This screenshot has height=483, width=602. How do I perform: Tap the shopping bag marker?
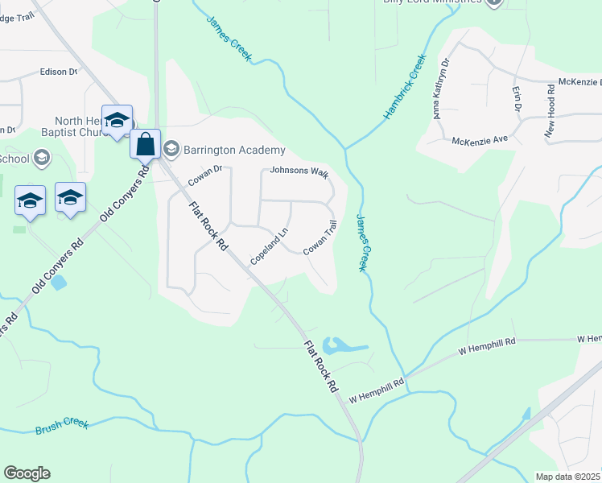pyautogui.click(x=146, y=145)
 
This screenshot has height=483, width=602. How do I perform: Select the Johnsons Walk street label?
pyautogui.click(x=299, y=171)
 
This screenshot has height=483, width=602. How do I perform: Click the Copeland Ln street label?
pyautogui.click(x=269, y=247)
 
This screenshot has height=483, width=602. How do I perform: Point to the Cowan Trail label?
pyautogui.click(x=320, y=239)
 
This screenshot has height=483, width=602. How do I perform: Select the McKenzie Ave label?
pyautogui.click(x=480, y=139)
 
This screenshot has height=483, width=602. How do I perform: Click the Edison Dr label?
pyautogui.click(x=58, y=72)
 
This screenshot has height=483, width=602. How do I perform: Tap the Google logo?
pyautogui.click(x=27, y=473)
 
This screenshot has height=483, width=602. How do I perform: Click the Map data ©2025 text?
pyautogui.click(x=567, y=477)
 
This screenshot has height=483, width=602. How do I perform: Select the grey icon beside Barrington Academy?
pyautogui.click(x=171, y=149)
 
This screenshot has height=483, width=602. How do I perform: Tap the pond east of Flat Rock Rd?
pyautogui.click(x=338, y=347)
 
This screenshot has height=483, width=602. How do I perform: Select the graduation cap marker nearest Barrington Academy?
pyautogui.click(x=118, y=121)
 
